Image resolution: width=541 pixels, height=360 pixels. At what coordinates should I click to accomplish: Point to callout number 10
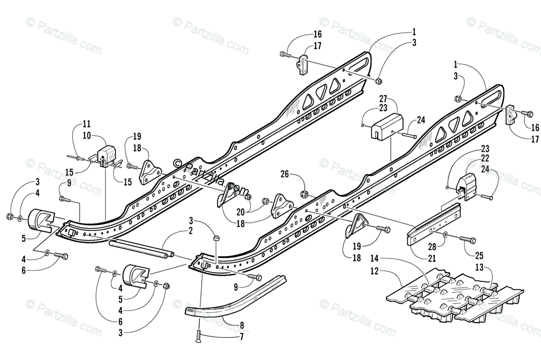(87, 135)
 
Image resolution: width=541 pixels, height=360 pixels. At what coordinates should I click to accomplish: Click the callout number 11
(87, 123)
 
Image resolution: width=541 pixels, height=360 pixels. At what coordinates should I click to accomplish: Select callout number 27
(383, 98)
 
